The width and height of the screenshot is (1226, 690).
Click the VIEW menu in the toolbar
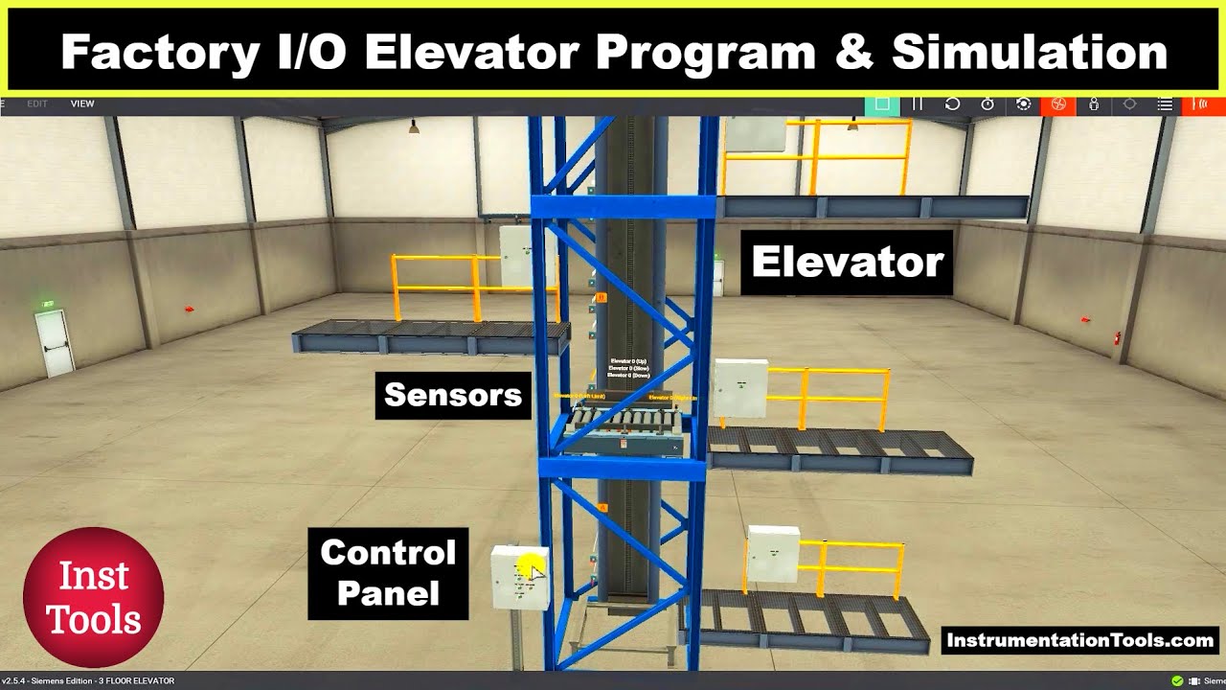[82, 103]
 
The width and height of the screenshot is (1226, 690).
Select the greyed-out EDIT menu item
[37, 103]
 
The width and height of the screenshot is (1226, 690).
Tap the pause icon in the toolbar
[918, 103]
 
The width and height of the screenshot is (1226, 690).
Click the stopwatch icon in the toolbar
[988, 103]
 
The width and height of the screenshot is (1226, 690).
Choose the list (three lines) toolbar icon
[1165, 103]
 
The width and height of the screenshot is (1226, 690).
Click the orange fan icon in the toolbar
[1058, 103]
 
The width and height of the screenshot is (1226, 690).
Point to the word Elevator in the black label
[848, 262]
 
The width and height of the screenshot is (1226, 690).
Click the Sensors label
[453, 395]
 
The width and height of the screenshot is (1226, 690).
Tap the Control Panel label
[388, 573]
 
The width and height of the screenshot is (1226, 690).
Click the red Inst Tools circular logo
[94, 596]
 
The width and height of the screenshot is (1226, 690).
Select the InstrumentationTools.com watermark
[1079, 640]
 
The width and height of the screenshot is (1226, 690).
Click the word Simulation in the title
[1029, 52]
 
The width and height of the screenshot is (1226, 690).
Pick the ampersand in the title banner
[852, 52]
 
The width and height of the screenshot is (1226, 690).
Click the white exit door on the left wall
[55, 342]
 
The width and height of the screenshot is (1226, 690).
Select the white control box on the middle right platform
[741, 387]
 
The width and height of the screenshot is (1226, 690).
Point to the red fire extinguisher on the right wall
[1117, 337]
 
